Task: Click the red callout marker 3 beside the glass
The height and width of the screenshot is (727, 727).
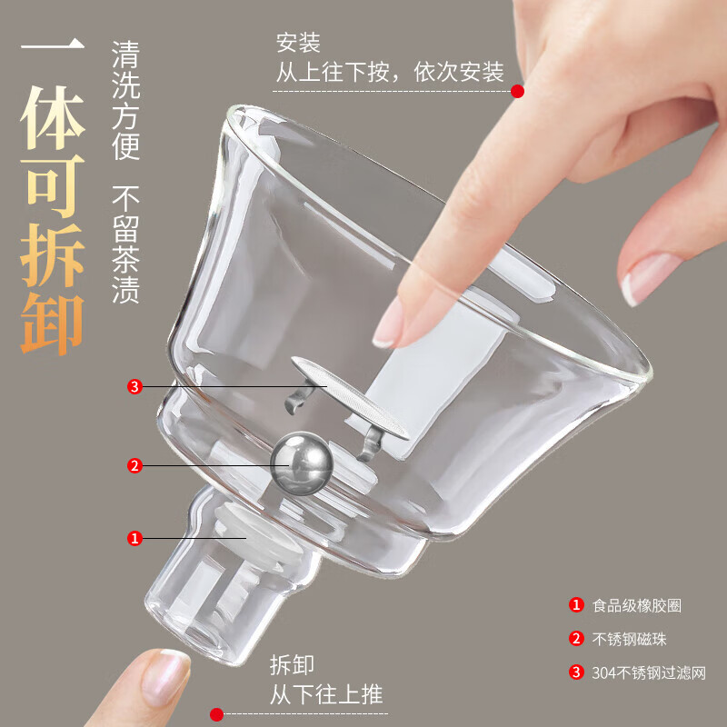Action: click(134, 387)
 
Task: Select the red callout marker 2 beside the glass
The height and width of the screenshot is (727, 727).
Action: click(134, 466)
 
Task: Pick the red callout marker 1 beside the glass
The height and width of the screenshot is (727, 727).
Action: click(134, 538)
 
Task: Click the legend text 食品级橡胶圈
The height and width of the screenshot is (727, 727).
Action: click(636, 605)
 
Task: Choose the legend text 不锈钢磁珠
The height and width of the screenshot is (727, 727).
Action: click(630, 639)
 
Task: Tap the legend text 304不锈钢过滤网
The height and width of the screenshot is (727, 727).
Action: click(649, 672)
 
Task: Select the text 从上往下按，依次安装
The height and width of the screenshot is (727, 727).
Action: click(390, 72)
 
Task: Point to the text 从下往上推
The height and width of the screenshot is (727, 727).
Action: click(326, 696)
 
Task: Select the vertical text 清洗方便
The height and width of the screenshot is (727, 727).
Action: click(125, 100)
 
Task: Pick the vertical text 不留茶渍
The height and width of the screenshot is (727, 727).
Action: click(125, 244)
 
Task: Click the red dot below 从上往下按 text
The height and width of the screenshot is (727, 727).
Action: click(517, 91)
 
